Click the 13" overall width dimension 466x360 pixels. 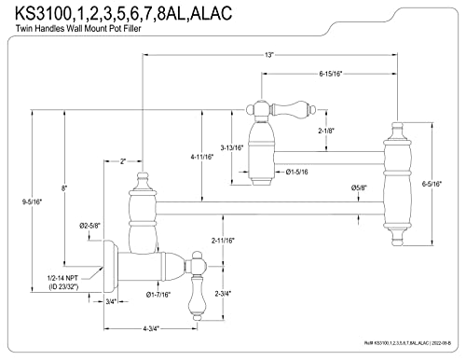pos(268,55)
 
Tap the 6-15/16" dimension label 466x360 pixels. pos(330,74)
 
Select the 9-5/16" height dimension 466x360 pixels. pos(32,201)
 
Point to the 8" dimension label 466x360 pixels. pos(64,187)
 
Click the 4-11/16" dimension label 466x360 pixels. pos(202,157)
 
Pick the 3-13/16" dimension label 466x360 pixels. pos(232,147)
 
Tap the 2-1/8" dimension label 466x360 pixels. pos(326,131)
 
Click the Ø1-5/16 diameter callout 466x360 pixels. pos(296,172)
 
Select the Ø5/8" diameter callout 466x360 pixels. pos(359,187)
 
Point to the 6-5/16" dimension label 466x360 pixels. pos(432,184)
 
